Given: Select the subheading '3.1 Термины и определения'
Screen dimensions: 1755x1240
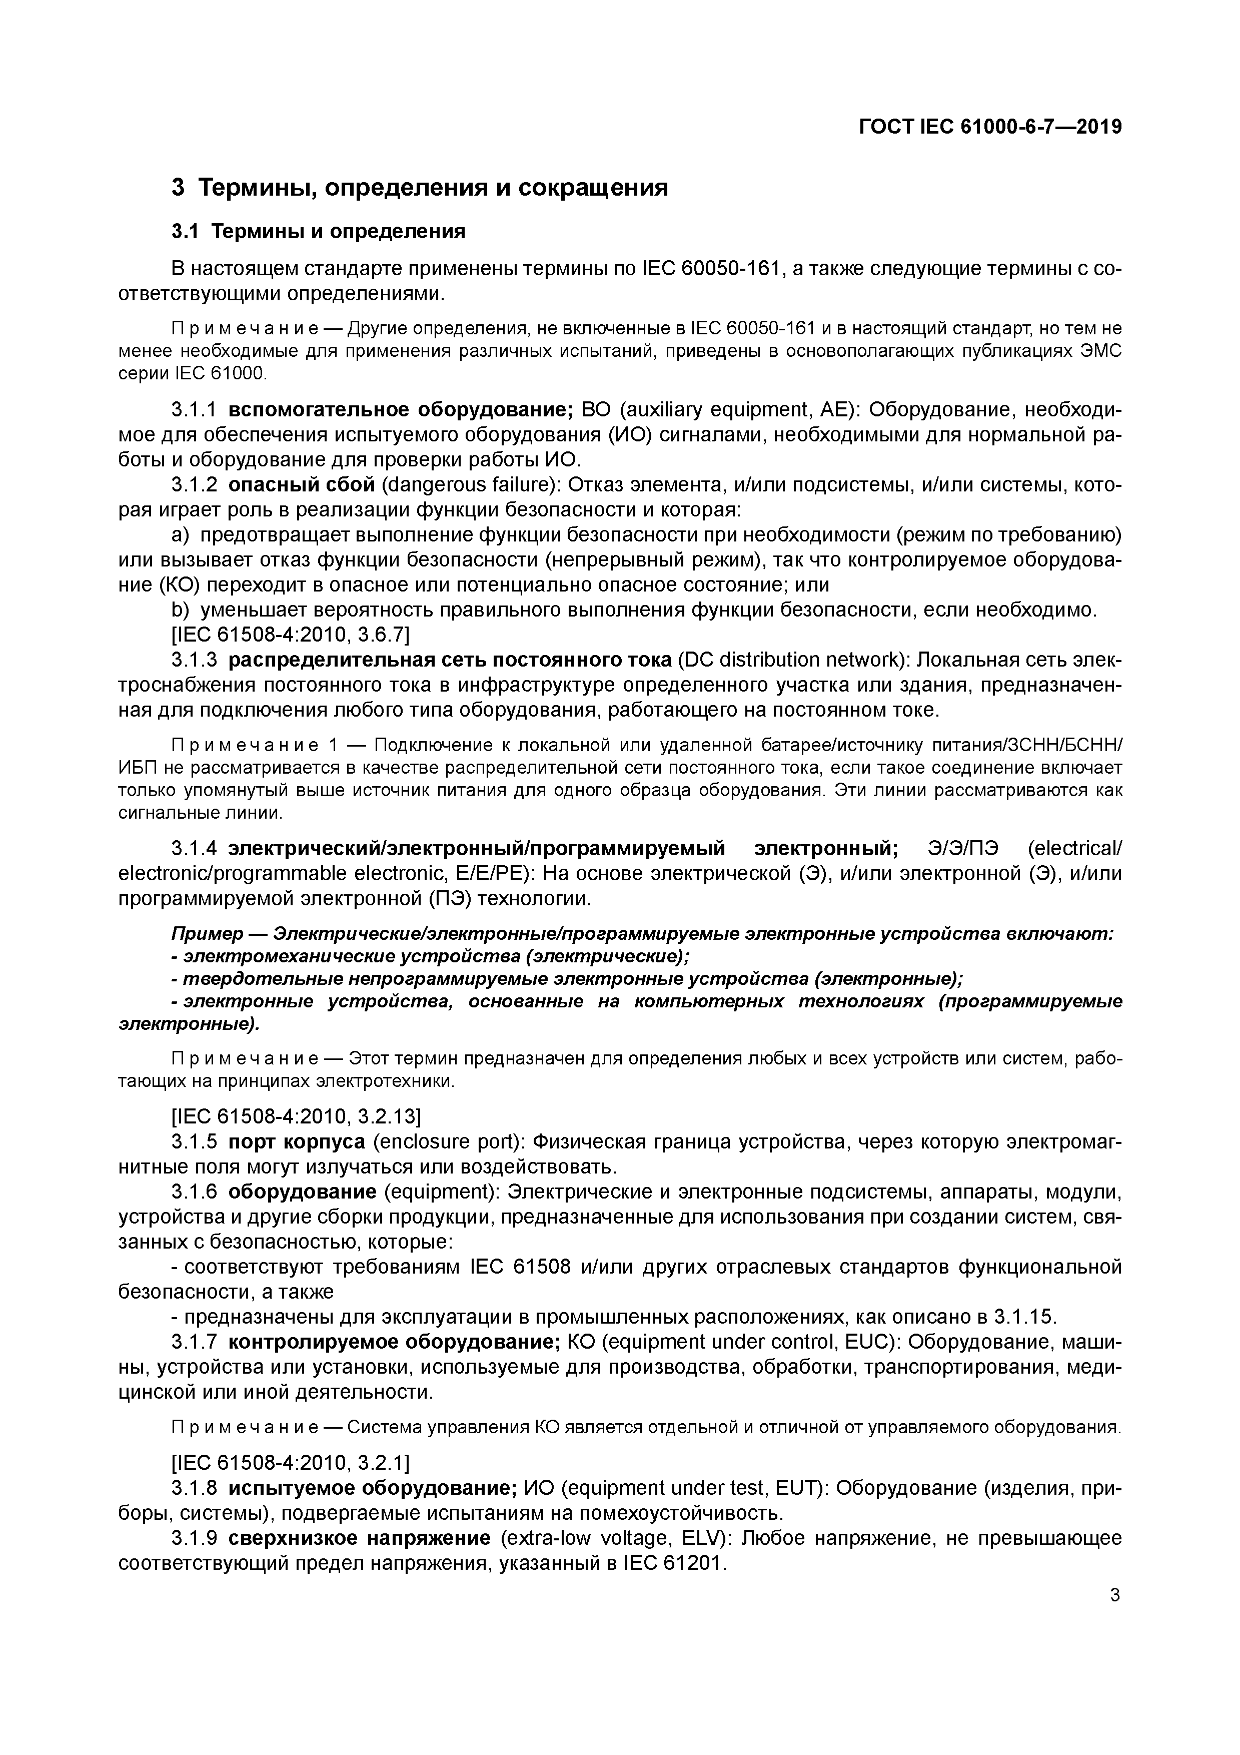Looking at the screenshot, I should coord(318,231).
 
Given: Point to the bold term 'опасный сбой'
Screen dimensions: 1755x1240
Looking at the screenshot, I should coord(302,484).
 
